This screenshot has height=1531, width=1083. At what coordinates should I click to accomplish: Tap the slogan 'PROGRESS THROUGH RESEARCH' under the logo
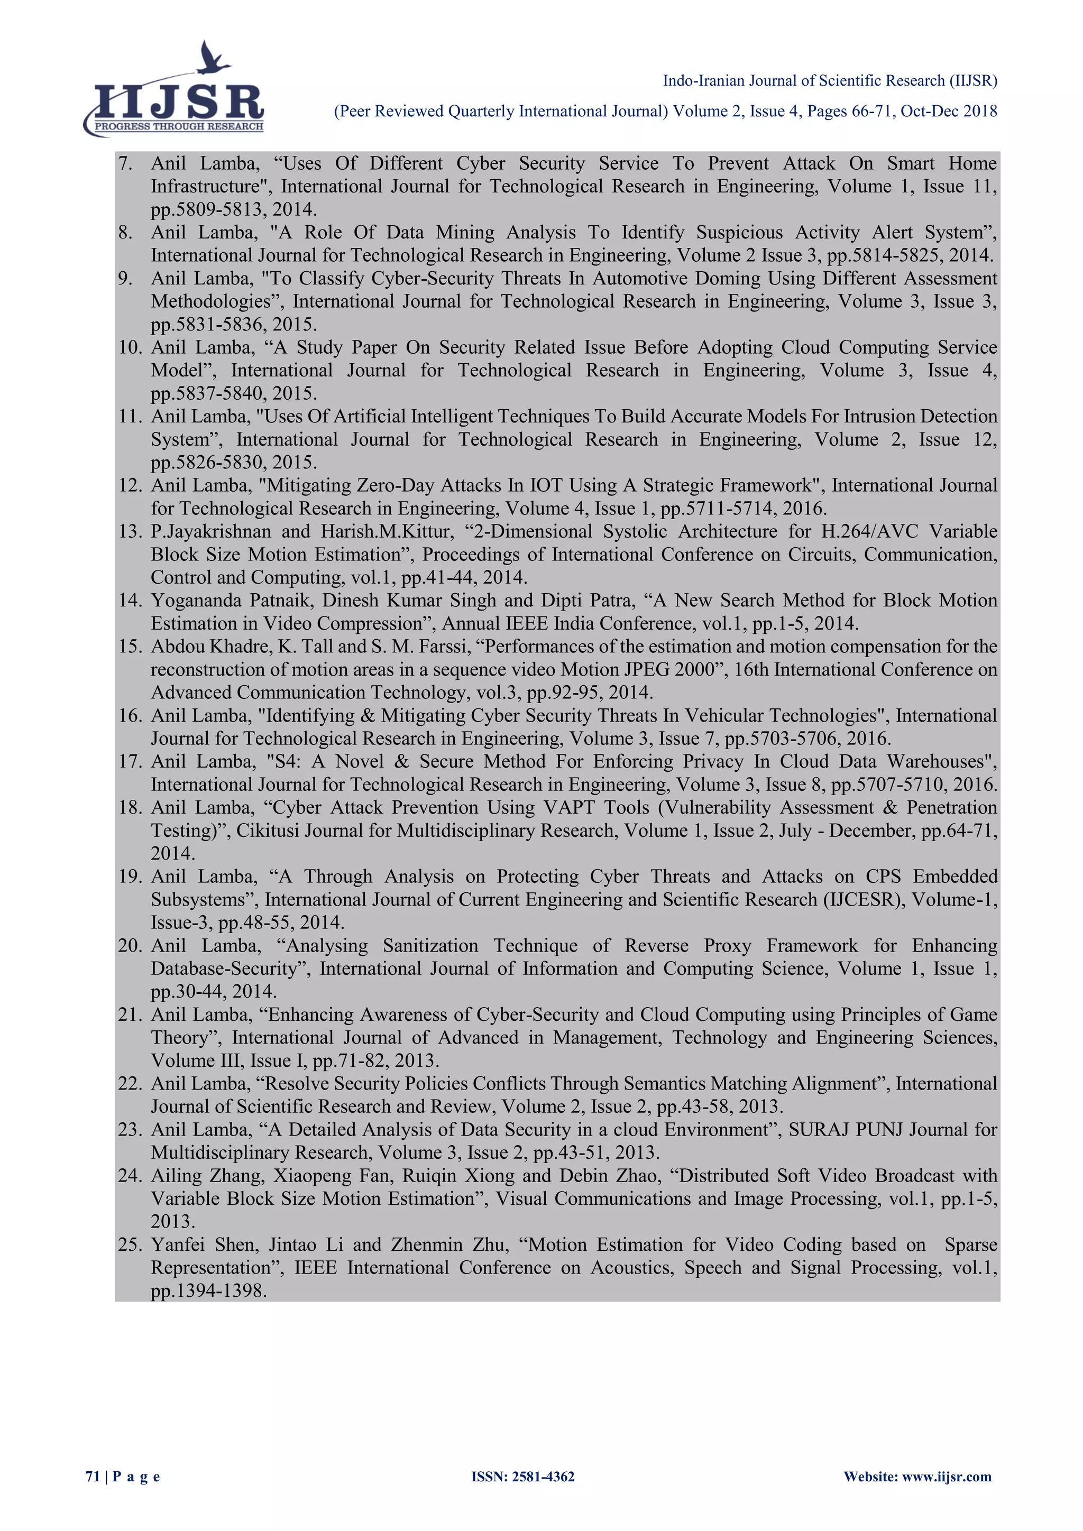pyautogui.click(x=179, y=127)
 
